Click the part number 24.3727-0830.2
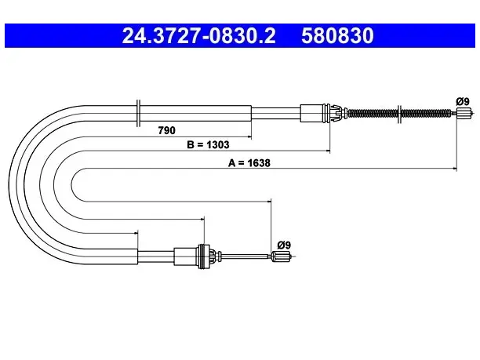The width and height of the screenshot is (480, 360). tap(198, 36)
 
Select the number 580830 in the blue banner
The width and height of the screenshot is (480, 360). tap(337, 36)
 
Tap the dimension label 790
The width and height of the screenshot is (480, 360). tap(167, 130)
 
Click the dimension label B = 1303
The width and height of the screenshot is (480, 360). tap(208, 144)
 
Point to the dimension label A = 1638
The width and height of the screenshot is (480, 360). tap(249, 163)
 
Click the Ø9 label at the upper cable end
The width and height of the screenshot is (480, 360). tap(463, 101)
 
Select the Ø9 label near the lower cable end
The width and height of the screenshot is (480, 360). tap(284, 245)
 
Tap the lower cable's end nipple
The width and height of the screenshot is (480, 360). tap(281, 256)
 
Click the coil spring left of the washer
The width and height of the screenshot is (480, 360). tap(373, 113)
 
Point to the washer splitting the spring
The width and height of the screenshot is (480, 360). tap(399, 114)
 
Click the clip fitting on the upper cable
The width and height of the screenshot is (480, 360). tap(336, 113)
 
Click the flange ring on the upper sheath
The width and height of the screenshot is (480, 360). tap(138, 113)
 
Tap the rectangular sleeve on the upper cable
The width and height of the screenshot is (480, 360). tap(312, 113)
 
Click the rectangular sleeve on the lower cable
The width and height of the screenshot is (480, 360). tap(186, 256)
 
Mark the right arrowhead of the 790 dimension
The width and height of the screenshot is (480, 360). tap(249, 136)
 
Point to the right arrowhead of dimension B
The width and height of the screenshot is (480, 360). tap(328, 151)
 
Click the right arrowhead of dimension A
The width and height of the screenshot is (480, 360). tap(455, 168)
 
